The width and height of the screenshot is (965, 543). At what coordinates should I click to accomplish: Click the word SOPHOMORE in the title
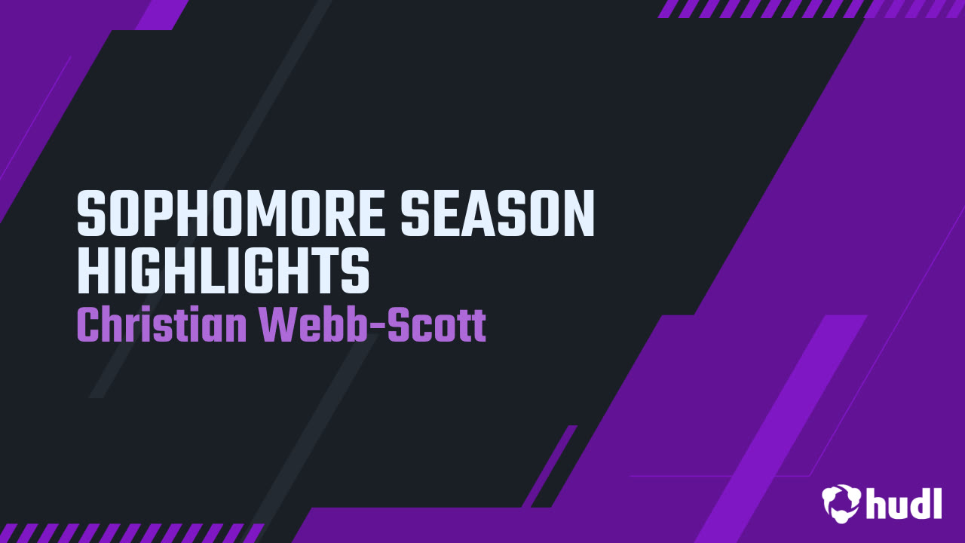pyautogui.click(x=230, y=213)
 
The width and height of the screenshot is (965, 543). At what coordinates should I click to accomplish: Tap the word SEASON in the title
pyautogui.click(x=498, y=213)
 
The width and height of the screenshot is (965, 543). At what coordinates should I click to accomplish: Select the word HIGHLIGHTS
pyautogui.click(x=223, y=271)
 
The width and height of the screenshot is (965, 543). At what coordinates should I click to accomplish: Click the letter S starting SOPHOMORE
pyautogui.click(x=91, y=213)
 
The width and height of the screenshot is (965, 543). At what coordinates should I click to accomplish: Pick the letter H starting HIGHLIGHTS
pyautogui.click(x=92, y=271)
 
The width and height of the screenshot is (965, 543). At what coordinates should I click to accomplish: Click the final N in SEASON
pyautogui.click(x=580, y=213)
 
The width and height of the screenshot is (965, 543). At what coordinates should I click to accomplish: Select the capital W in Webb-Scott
pyautogui.click(x=277, y=324)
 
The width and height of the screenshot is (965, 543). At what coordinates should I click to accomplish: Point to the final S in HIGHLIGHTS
pyautogui.click(x=356, y=271)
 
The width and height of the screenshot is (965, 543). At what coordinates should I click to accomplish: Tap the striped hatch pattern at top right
pyautogui.click(x=810, y=8)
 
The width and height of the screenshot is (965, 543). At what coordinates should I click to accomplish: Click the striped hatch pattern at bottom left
pyautogui.click(x=131, y=533)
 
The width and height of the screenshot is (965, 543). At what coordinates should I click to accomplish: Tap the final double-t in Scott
pyautogui.click(x=471, y=326)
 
